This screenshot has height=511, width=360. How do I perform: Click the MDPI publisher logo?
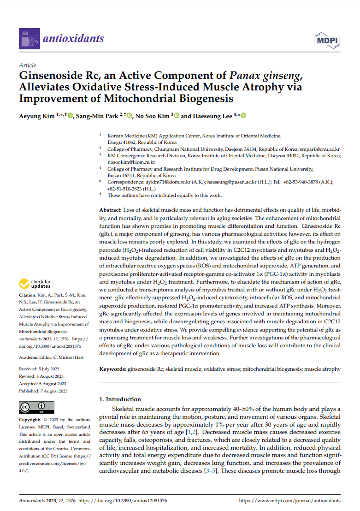(327, 40)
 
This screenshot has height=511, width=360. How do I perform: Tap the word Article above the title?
(27, 65)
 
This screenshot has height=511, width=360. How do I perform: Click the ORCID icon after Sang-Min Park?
(130, 116)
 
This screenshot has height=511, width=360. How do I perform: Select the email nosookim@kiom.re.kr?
(131, 162)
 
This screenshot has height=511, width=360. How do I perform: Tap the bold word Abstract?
(111, 210)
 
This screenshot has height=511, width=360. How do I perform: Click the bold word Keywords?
(113, 369)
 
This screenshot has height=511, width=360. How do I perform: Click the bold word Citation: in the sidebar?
(28, 295)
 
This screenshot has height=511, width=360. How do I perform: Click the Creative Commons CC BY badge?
(36, 407)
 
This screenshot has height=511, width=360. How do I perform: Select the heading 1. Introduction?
(120, 399)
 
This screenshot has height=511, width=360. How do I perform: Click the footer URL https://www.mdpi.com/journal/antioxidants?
(289, 500)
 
